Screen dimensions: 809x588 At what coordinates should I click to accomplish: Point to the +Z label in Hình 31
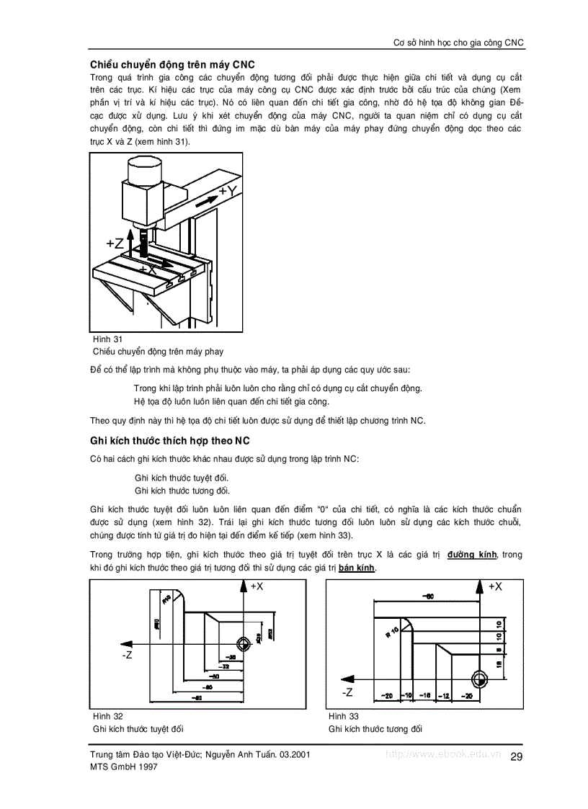115,243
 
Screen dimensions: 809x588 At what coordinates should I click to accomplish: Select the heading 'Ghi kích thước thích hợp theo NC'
169,440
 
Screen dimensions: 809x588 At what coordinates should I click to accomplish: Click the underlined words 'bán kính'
357,568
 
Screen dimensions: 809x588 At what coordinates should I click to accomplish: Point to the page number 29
516,756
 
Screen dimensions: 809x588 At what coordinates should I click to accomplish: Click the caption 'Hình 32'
108,716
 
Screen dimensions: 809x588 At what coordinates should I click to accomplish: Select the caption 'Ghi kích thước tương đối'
375,729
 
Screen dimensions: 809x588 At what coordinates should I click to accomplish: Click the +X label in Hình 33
494,587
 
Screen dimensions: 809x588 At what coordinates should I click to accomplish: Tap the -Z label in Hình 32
127,655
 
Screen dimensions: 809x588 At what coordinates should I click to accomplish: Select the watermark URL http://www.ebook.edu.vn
442,754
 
